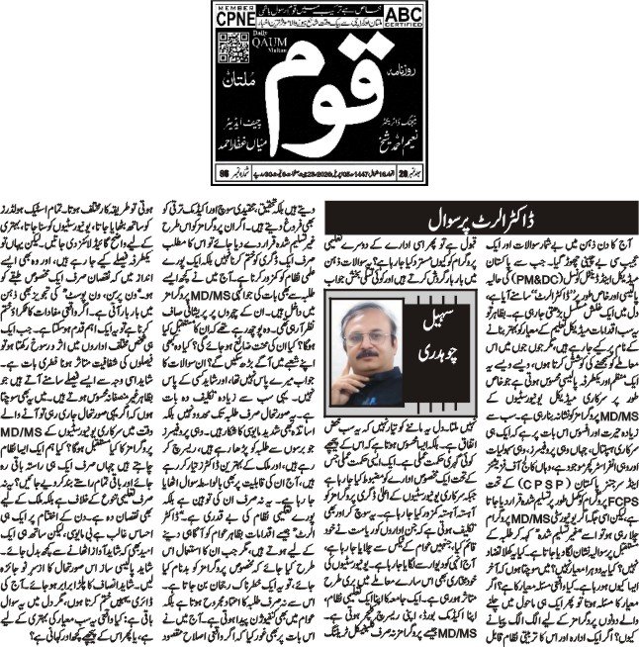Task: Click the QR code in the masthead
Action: pos(235,59)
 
